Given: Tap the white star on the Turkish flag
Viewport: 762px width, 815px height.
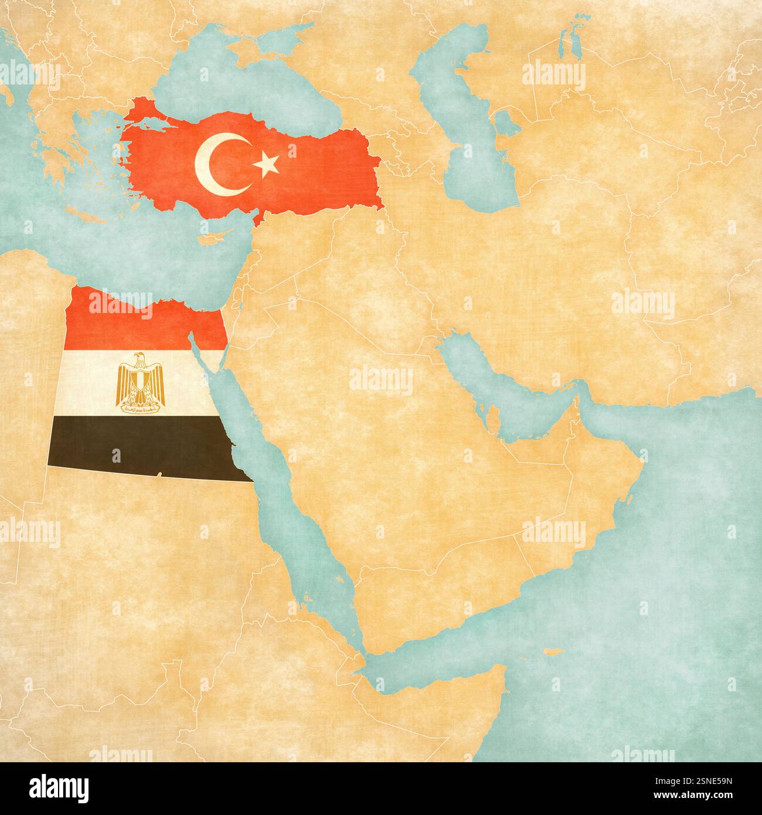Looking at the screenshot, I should tap(267, 165).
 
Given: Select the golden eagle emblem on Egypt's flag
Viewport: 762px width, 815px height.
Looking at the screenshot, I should tap(141, 382).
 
